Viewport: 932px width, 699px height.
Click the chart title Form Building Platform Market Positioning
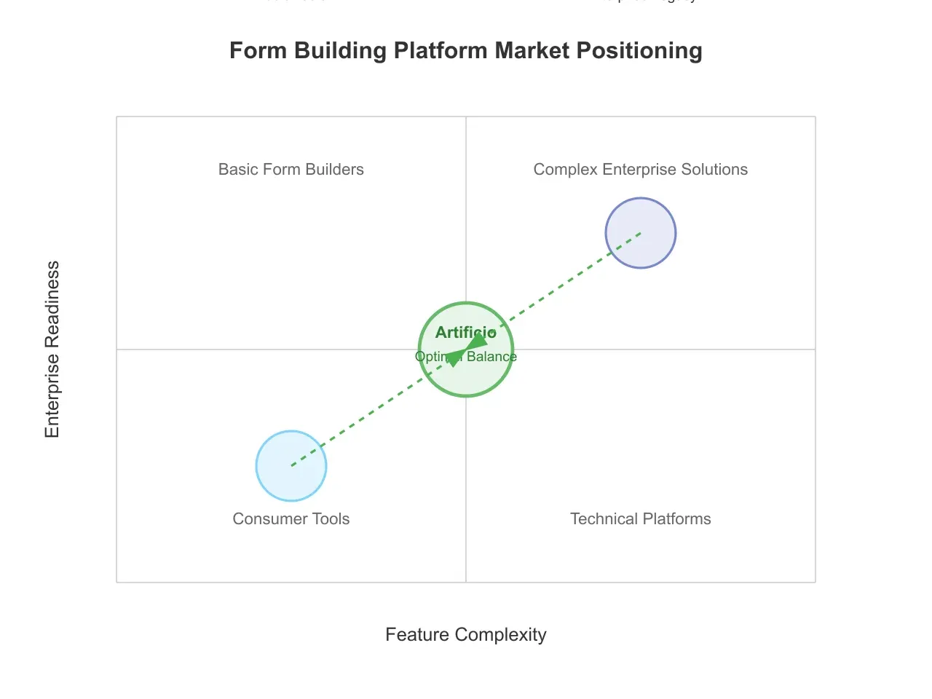pyautogui.click(x=466, y=51)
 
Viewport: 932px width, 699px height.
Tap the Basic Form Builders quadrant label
pyautogui.click(x=291, y=170)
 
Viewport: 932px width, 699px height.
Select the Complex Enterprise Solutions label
pyautogui.click(x=641, y=170)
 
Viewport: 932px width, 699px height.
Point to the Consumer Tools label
pyautogui.click(x=291, y=519)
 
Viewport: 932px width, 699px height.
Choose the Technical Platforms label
pyautogui.click(x=641, y=519)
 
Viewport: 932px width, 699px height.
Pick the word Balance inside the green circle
pyautogui.click(x=491, y=357)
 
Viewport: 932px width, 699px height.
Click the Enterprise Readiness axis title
pyautogui.click(x=52, y=349)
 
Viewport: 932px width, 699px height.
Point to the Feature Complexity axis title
pyautogui.click(x=466, y=635)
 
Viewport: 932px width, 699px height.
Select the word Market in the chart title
pyautogui.click(x=532, y=51)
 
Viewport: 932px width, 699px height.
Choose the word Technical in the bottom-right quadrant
pyautogui.click(x=604, y=519)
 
